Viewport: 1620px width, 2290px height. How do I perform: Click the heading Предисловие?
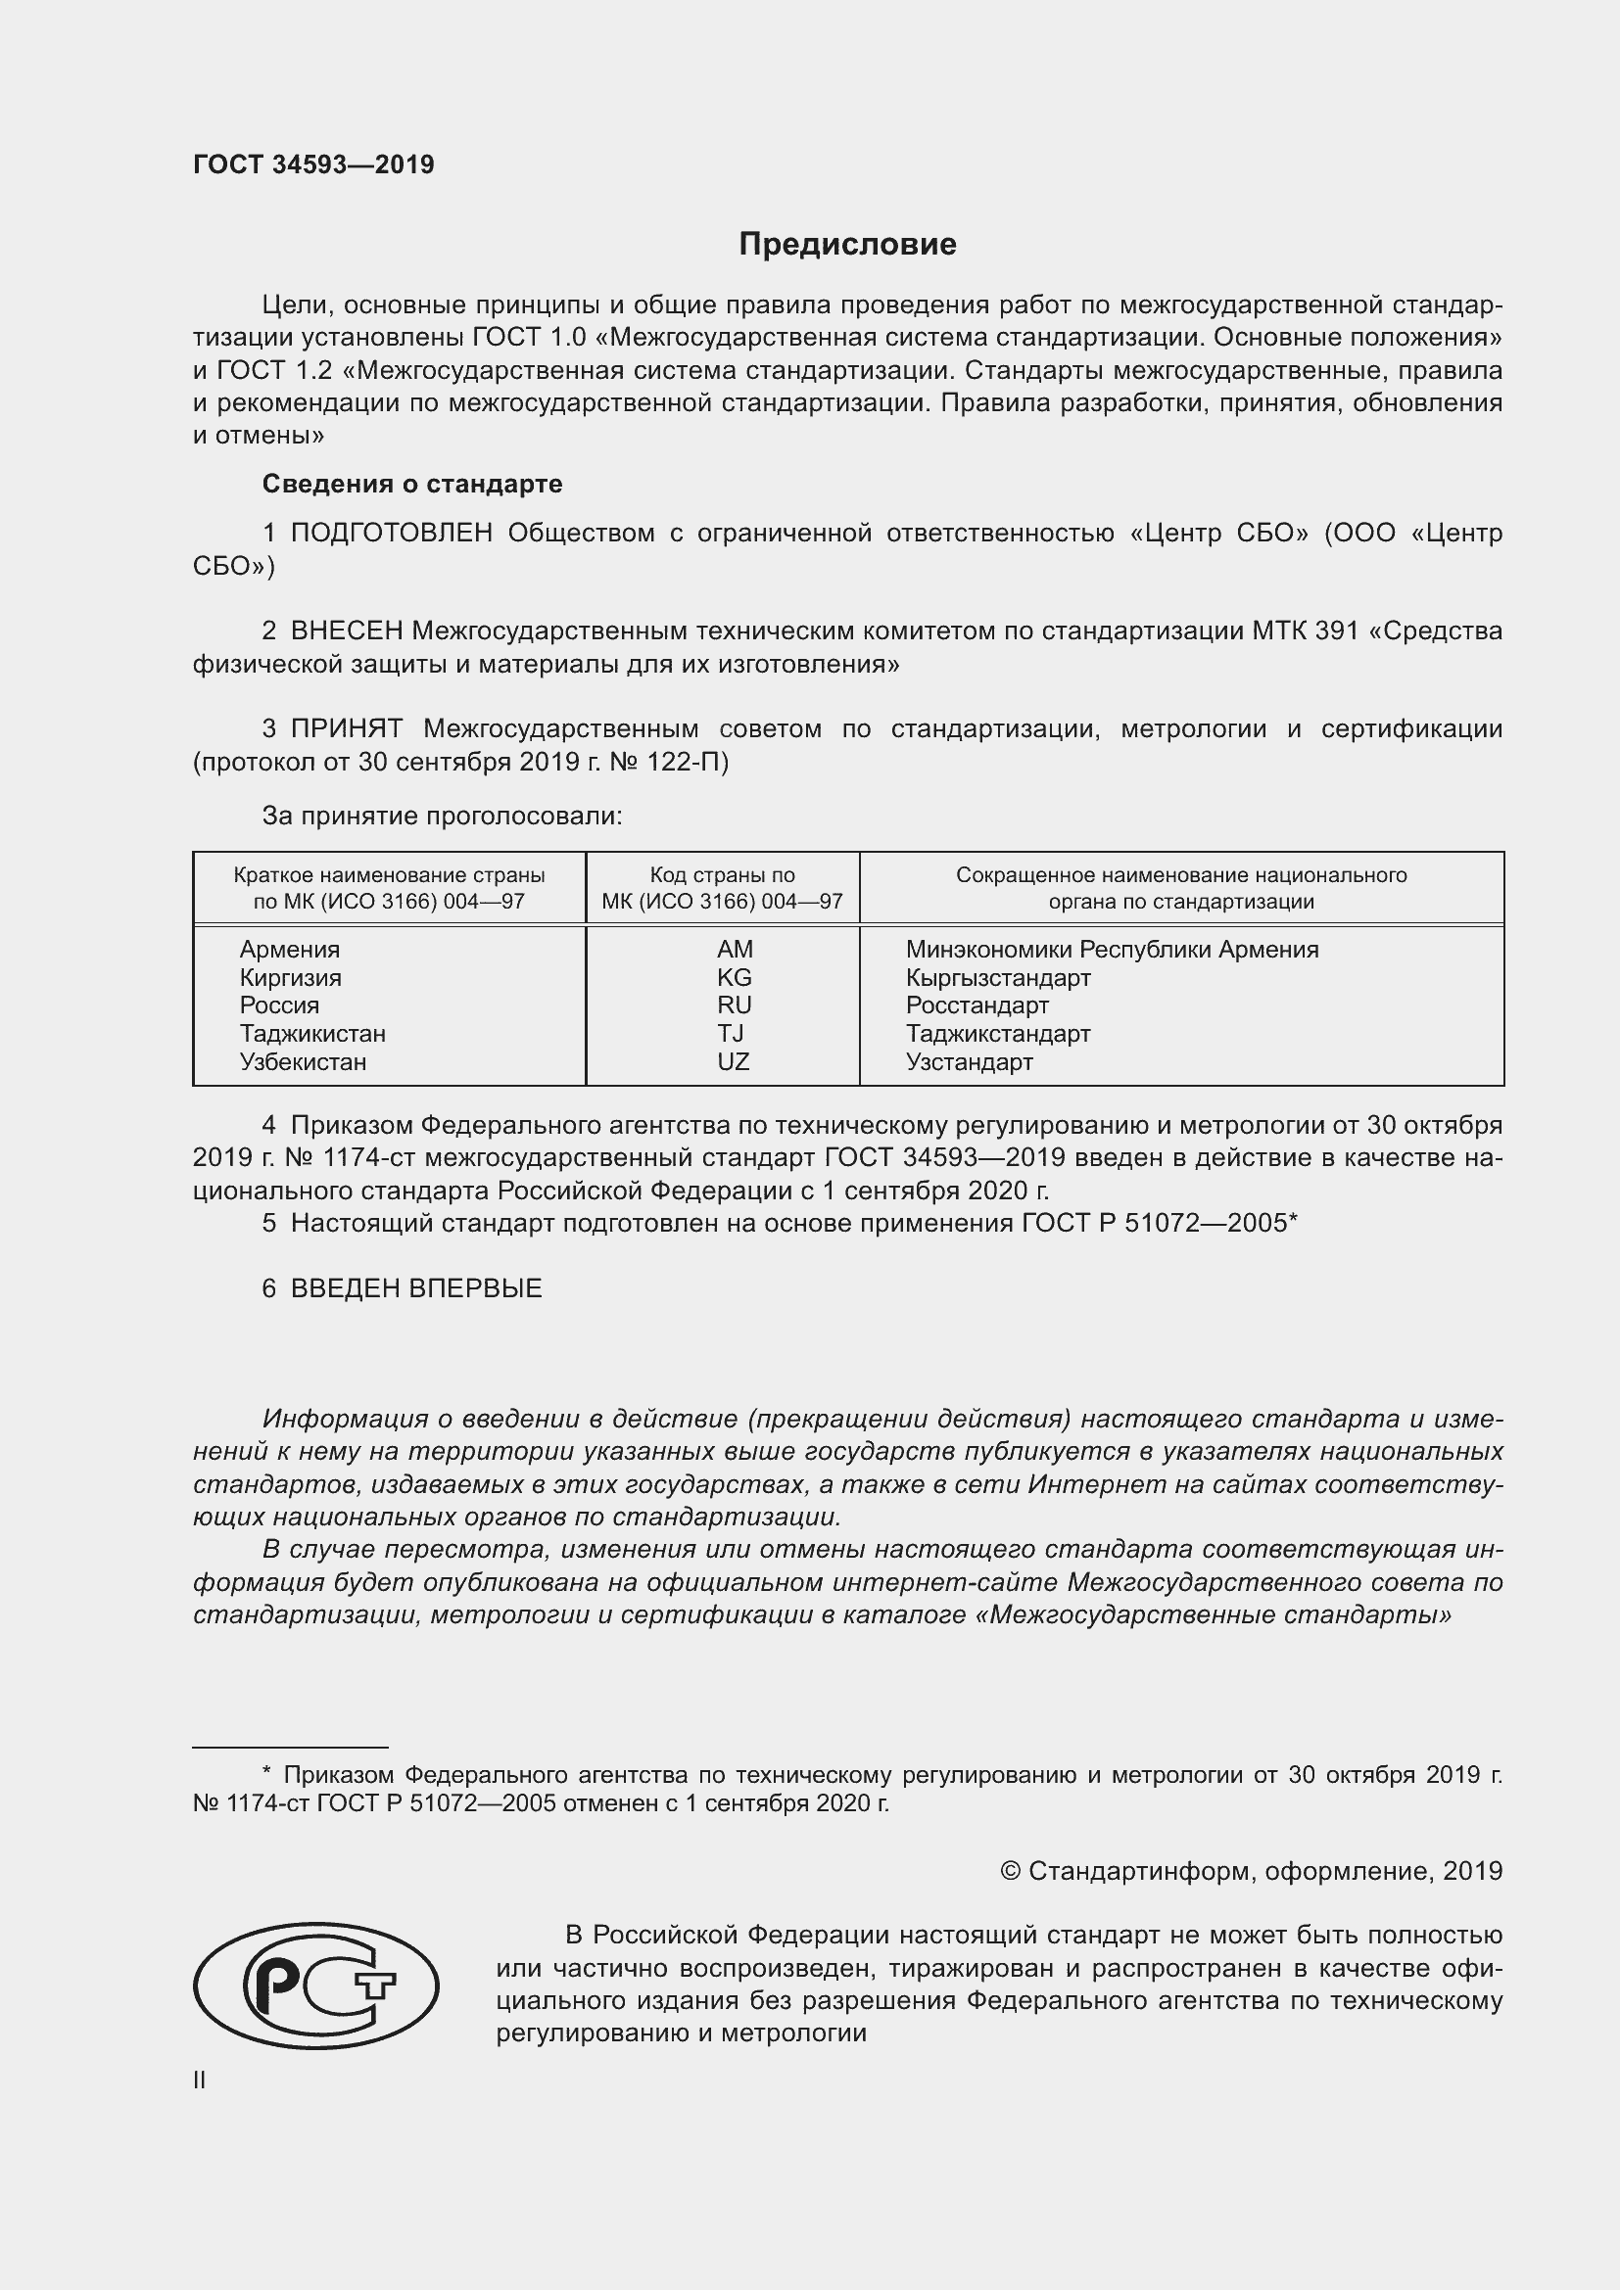pos(847,245)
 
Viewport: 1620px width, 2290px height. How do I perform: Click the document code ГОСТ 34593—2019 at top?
pos(313,164)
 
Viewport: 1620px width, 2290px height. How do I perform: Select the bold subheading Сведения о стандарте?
pos(412,484)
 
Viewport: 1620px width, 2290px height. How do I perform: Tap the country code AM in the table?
pos(735,950)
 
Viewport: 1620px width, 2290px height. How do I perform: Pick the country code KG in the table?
pos(735,977)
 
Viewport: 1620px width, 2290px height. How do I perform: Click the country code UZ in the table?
pos(734,1061)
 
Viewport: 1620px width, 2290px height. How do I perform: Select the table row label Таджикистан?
pos(312,1033)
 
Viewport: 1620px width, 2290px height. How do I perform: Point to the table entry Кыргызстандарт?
pos(997,977)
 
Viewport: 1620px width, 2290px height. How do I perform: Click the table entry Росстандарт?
pos(977,1005)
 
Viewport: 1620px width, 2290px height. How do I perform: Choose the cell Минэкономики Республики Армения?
pos(1112,950)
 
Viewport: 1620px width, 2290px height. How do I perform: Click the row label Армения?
pos(289,950)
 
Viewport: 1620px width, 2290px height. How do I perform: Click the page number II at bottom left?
pos(200,2080)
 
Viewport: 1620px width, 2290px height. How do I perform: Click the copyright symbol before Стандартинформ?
pos(1010,1871)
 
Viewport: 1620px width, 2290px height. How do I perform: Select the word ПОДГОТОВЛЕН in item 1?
pos(391,534)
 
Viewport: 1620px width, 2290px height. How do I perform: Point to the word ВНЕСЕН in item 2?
pos(346,631)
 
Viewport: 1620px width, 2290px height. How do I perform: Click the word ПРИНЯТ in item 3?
pos(346,729)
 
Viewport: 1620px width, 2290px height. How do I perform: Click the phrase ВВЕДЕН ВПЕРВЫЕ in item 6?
pos(416,1288)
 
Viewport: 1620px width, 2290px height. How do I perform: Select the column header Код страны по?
pos(722,875)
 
